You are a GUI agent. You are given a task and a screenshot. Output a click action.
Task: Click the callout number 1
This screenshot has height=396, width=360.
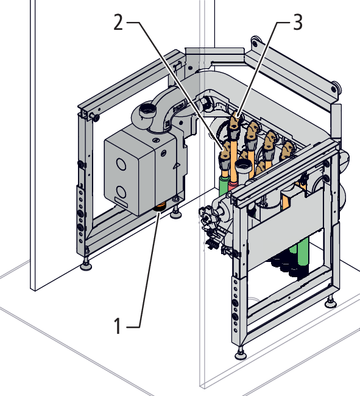pos(118,326)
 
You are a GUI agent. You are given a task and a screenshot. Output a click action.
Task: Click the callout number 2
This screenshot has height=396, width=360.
pos(118,22)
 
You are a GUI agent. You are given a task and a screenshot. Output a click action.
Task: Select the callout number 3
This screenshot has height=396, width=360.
pos(298,22)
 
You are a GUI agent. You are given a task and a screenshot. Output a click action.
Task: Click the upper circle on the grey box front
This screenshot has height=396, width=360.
pos(121,163)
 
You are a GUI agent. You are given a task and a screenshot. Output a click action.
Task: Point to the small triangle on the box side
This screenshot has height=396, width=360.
pos(177,166)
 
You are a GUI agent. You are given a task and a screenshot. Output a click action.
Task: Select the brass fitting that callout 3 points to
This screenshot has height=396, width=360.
pos(235,121)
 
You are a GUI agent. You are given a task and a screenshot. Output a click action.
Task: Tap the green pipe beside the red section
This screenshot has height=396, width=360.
pos(223,187)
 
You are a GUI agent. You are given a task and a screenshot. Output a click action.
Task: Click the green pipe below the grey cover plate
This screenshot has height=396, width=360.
pos(303,253)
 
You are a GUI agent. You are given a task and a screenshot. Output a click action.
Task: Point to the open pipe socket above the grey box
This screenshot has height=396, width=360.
pos(147,110)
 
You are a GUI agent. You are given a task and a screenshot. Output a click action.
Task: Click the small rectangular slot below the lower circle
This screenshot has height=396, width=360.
pos(121,202)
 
